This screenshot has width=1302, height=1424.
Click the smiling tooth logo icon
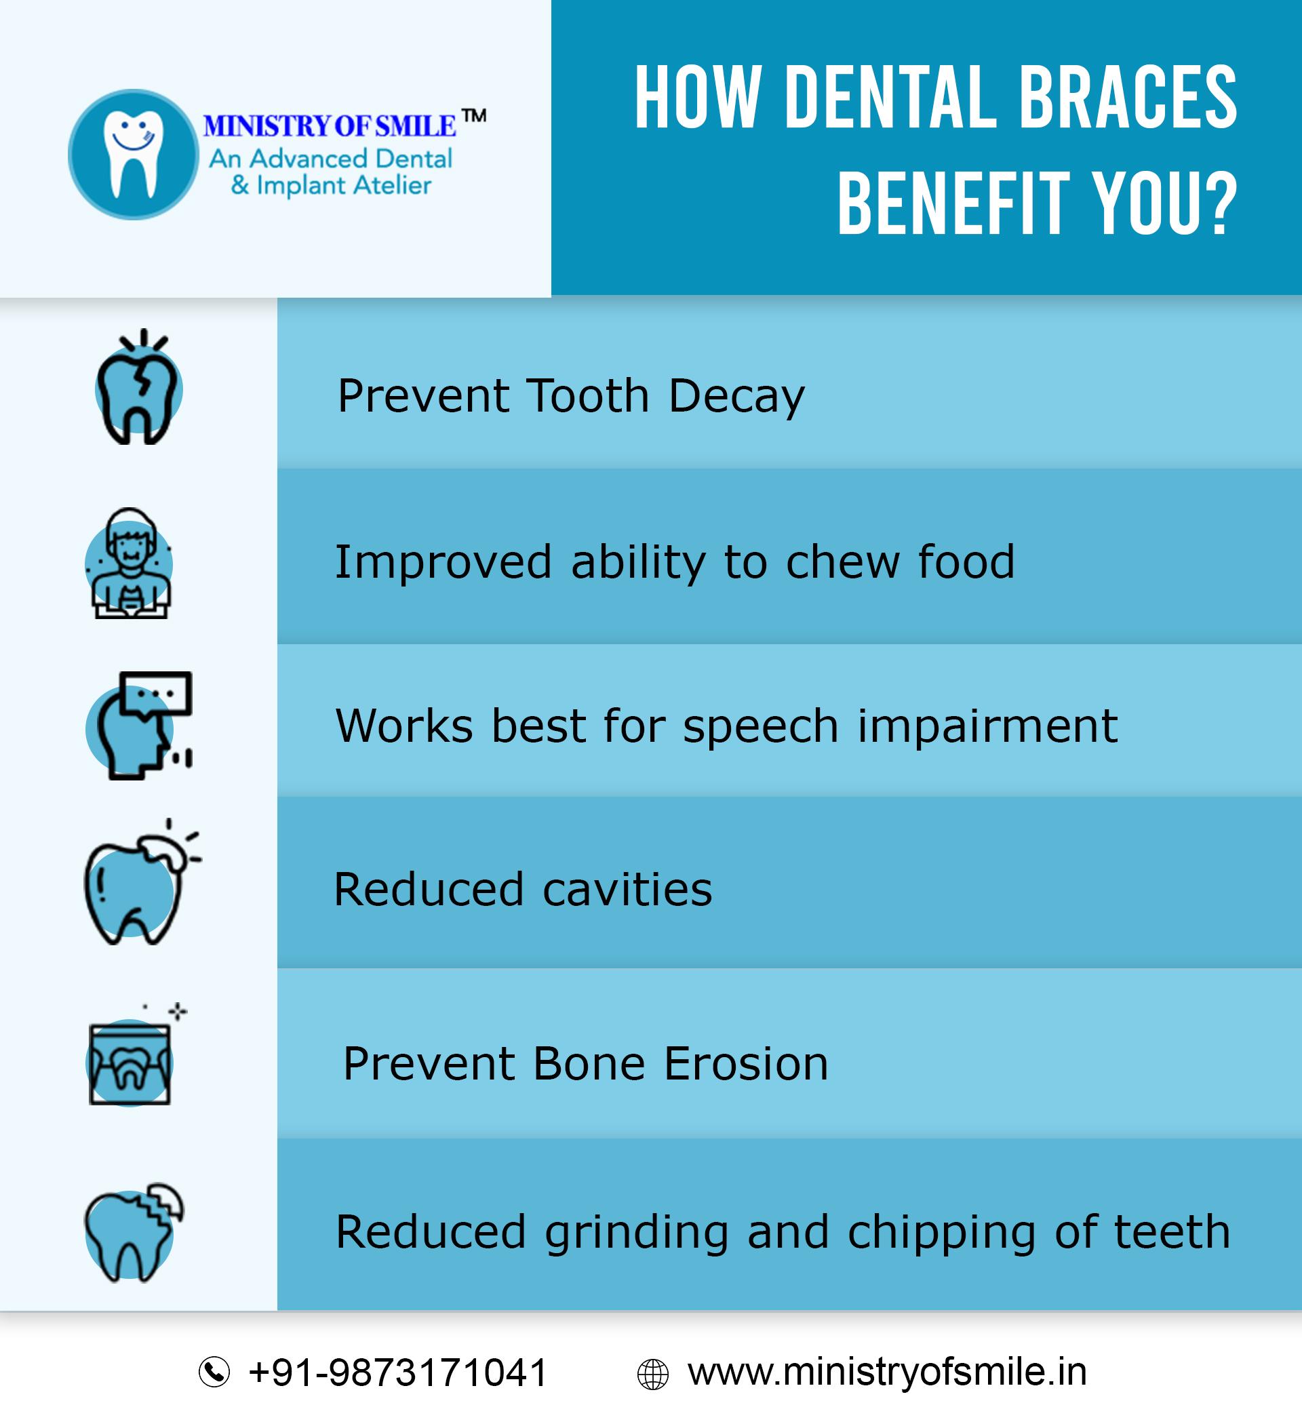tap(133, 154)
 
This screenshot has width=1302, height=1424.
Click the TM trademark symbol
tap(474, 116)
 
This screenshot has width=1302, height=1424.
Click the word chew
tap(842, 563)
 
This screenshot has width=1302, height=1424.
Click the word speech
tap(760, 726)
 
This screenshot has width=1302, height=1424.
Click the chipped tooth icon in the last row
tap(132, 1233)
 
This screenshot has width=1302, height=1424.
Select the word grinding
tap(637, 1233)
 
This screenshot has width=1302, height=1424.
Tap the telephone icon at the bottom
tap(214, 1372)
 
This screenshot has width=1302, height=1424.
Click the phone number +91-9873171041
tap(398, 1372)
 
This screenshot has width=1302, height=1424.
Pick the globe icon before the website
tap(652, 1374)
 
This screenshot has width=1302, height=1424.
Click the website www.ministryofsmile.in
tap(886, 1372)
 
